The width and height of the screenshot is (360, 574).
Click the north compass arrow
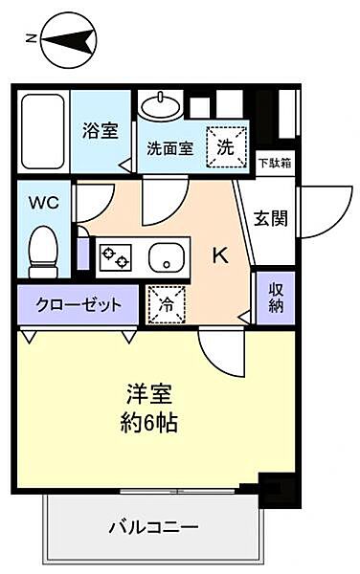[70, 40]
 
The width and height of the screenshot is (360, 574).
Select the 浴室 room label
[100, 131]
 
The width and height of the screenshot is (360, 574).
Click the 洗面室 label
[169, 149]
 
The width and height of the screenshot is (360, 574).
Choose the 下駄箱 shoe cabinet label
[275, 163]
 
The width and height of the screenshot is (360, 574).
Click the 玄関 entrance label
[271, 219]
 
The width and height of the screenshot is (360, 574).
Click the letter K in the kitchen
[219, 254]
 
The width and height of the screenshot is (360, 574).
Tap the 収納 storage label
[275, 297]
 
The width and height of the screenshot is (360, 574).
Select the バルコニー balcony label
[154, 527]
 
